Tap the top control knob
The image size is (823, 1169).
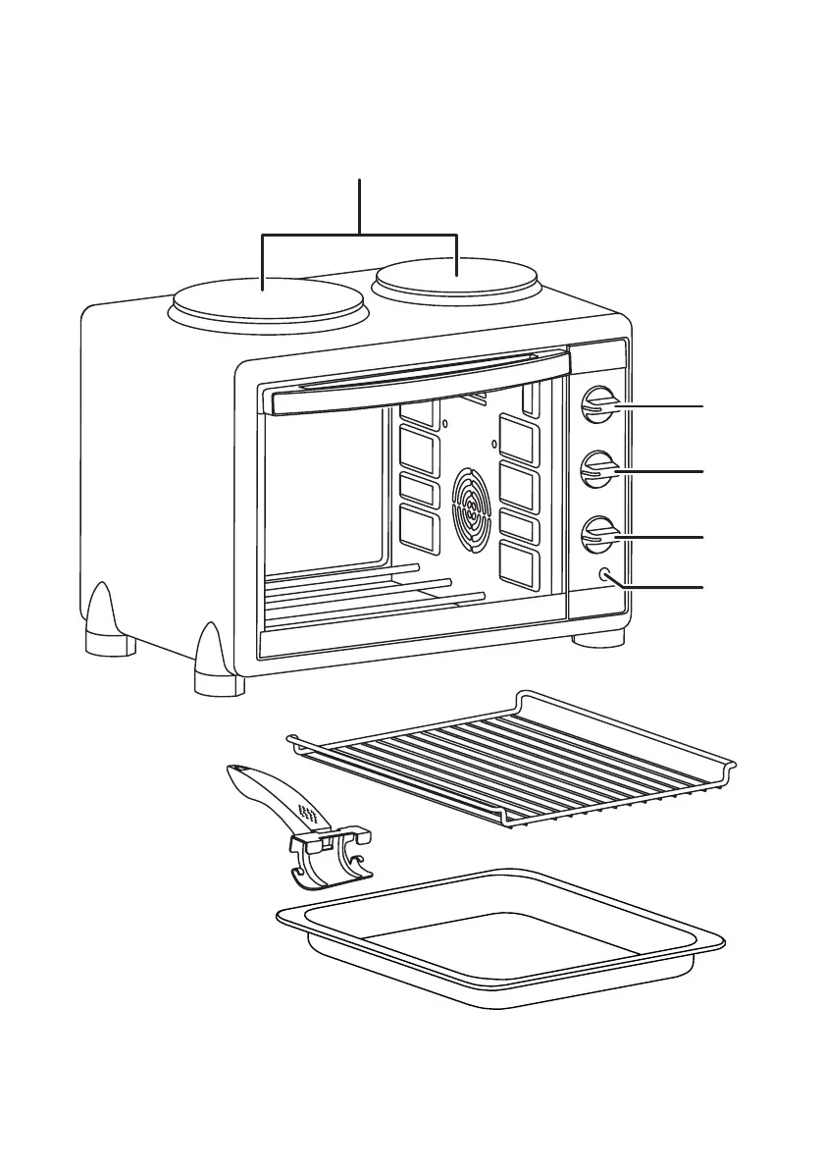[x=598, y=404]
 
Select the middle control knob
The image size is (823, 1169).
[x=598, y=470]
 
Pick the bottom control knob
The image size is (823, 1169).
[x=598, y=536]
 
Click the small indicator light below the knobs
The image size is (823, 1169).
[x=603, y=576]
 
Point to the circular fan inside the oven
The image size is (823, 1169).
[x=472, y=506]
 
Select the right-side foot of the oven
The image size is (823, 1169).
[x=598, y=638]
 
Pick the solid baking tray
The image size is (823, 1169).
[x=500, y=937]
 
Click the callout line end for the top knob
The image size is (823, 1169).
[x=702, y=405]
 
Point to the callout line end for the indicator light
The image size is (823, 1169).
[x=702, y=587]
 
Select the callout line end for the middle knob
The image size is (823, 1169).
[x=702, y=472]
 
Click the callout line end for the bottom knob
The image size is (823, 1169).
[x=702, y=538]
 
